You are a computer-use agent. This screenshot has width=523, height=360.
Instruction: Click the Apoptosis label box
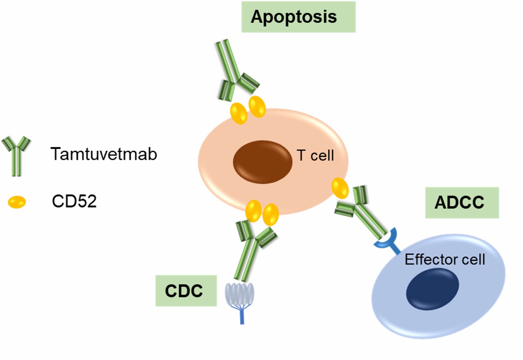click(298, 17)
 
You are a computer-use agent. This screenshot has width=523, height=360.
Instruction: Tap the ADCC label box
click(461, 203)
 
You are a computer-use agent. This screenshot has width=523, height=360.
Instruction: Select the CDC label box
click(186, 291)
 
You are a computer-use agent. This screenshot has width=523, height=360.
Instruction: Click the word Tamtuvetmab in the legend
click(104, 154)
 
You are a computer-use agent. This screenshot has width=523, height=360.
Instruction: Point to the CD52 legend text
click(74, 201)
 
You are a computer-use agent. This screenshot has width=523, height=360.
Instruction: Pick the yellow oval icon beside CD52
click(17, 202)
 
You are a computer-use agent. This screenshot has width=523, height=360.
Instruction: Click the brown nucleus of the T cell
click(262, 162)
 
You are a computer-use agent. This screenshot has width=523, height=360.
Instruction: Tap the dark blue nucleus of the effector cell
click(432, 288)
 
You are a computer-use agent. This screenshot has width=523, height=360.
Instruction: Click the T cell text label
click(315, 155)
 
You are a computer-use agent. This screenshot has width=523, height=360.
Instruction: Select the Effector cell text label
click(444, 259)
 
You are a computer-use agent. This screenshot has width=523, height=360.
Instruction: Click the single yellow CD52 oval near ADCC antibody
click(340, 188)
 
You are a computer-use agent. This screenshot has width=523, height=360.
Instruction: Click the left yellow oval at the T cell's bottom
click(253, 211)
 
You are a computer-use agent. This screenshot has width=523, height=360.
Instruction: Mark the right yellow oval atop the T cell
click(257, 106)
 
